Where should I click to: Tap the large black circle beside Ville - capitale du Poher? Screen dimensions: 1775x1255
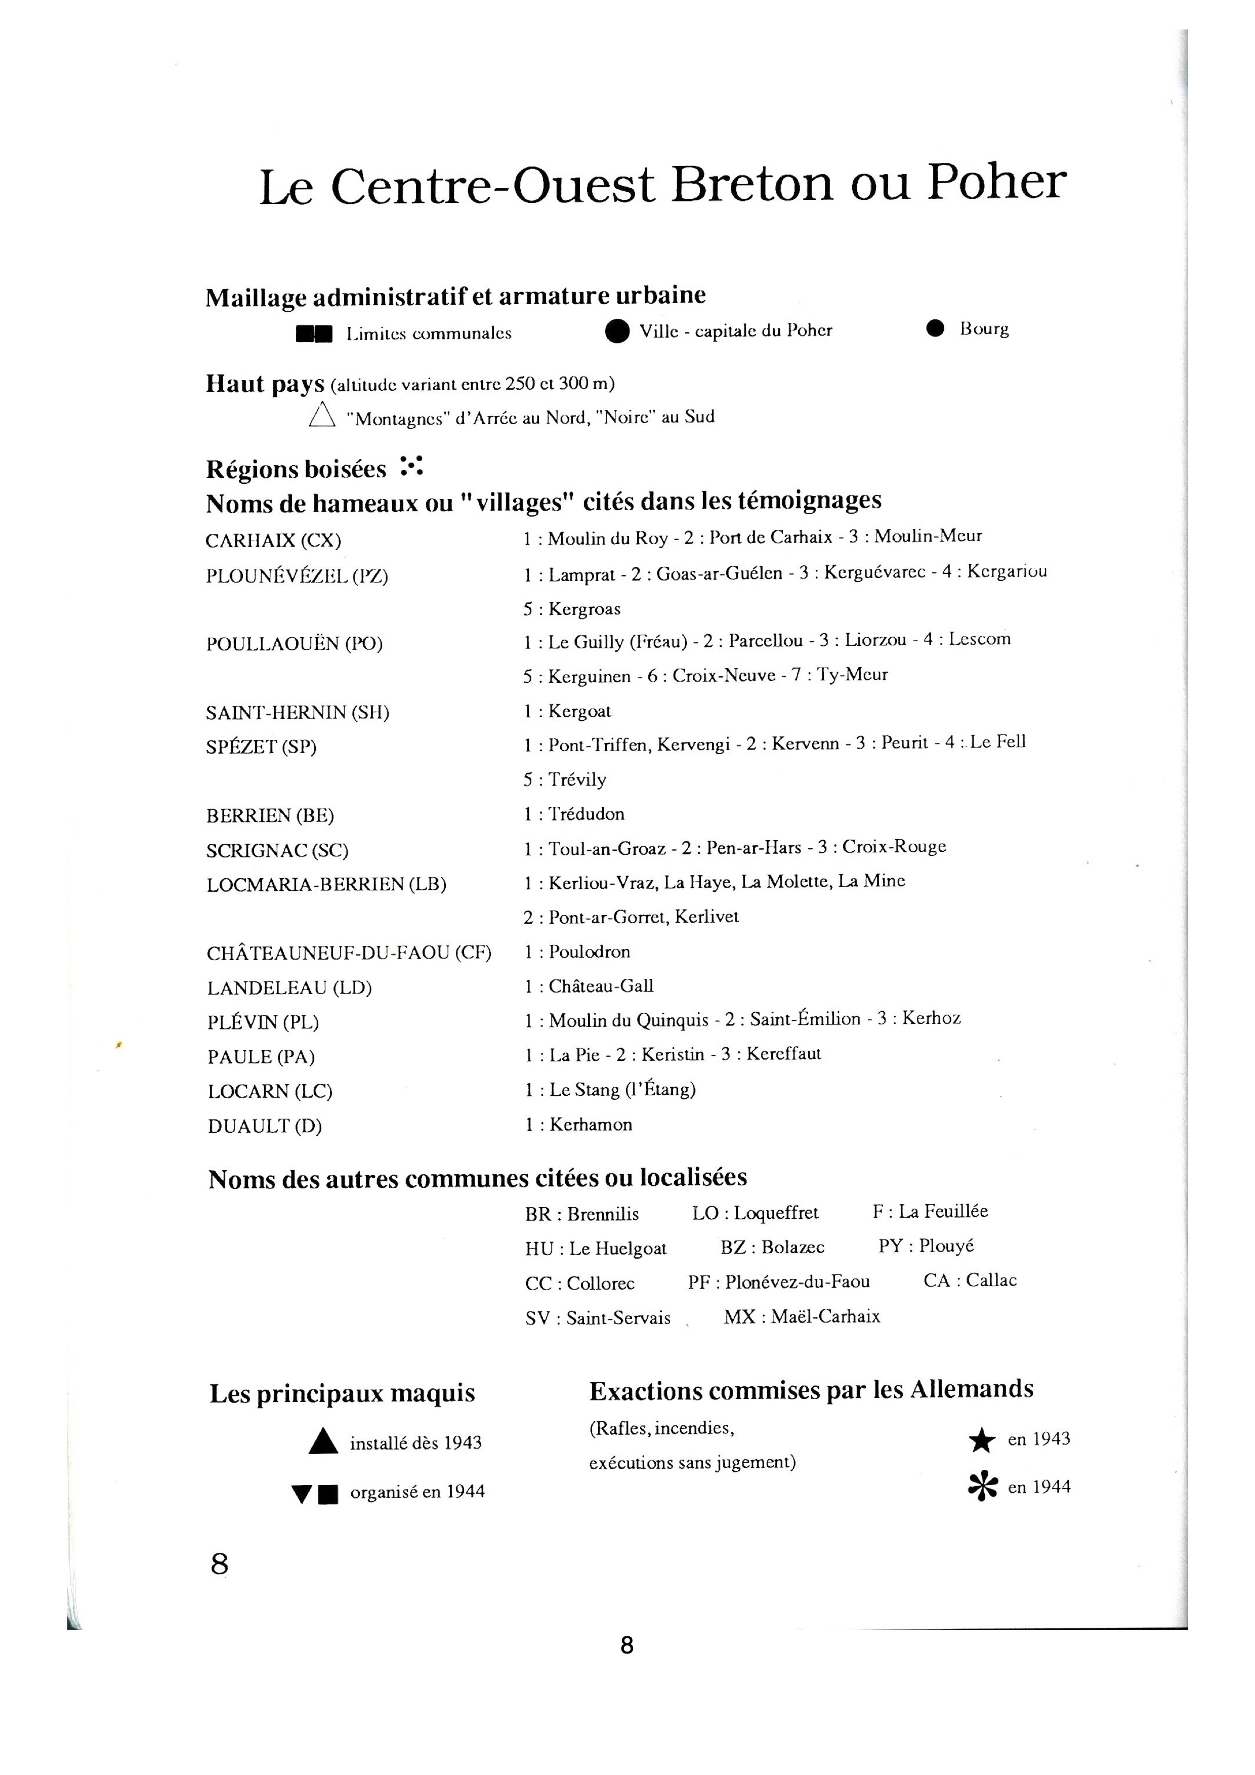(617, 332)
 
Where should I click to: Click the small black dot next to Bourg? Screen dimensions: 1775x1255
(935, 328)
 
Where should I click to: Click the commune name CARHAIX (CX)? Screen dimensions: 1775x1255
(274, 541)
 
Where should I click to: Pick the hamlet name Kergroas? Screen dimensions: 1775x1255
(583, 609)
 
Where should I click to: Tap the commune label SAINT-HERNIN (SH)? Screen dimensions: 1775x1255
(298, 712)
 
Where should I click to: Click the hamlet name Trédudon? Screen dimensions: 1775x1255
(586, 814)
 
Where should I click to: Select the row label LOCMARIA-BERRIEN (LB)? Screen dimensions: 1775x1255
(326, 884)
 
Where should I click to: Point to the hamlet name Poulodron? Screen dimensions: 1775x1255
(589, 952)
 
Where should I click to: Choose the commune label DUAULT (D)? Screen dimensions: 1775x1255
(264, 1126)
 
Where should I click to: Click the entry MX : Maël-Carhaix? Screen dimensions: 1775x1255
(802, 1316)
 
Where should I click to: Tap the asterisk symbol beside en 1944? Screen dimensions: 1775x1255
(982, 1487)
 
